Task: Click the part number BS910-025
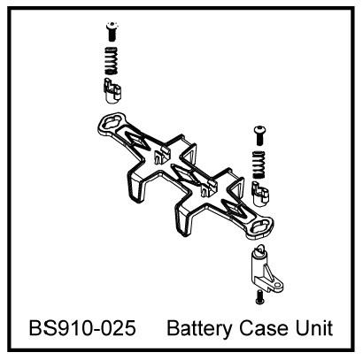(82, 328)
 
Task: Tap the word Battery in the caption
(199, 329)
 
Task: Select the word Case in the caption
(264, 328)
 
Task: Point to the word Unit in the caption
(314, 328)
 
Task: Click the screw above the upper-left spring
(112, 31)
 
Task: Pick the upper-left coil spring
(112, 61)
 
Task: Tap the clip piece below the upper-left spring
(112, 91)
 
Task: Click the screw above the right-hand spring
(259, 135)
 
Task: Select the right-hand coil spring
(259, 165)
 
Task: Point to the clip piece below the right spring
(259, 194)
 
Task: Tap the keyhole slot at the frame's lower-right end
(261, 226)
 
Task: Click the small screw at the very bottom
(259, 297)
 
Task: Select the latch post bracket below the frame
(265, 270)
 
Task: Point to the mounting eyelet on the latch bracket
(277, 286)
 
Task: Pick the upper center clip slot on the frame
(161, 156)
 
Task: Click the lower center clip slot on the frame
(208, 188)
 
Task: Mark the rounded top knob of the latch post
(259, 249)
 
